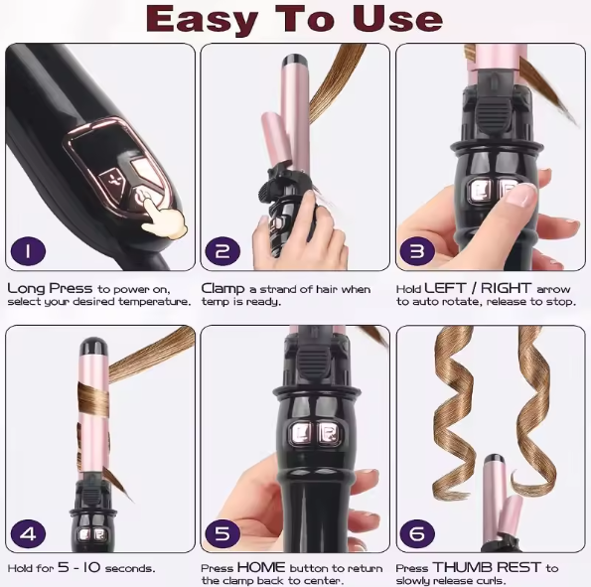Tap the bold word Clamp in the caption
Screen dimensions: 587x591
pyautogui.click(x=223, y=288)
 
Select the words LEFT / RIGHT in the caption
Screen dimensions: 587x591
pyautogui.click(x=481, y=288)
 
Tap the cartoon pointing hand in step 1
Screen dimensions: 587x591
pyautogui.click(x=161, y=214)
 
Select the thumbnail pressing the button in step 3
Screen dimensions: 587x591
pyautogui.click(x=518, y=195)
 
